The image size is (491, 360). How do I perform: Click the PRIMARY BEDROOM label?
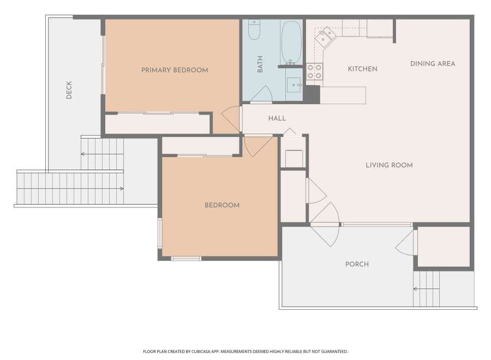click(175, 70)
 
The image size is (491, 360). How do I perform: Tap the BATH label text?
click(260, 64)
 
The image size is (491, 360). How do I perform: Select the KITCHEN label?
click(362, 69)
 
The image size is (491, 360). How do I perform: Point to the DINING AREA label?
click(433, 64)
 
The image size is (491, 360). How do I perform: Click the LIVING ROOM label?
click(389, 165)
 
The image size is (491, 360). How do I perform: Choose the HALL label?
click(277, 118)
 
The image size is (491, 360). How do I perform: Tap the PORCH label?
click(357, 264)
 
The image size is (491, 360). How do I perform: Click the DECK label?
click(69, 90)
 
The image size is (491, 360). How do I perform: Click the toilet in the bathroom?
click(254, 30)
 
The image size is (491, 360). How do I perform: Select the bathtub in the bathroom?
click(291, 43)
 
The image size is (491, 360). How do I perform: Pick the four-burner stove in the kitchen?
click(314, 71)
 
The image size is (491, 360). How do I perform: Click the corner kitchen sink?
click(325, 36)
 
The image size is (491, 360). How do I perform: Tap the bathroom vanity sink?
click(294, 85)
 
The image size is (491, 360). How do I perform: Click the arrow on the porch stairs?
click(426, 289)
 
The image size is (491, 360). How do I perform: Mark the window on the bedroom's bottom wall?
click(186, 259)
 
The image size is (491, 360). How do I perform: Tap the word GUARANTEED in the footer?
click(335, 352)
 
